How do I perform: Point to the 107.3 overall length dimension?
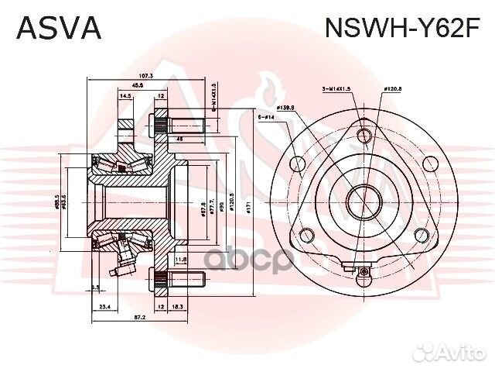(146, 76)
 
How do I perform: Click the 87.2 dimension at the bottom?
(139, 319)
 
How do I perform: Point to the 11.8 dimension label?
(180, 259)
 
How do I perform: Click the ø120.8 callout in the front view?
(394, 90)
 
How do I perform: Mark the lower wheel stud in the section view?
(183, 280)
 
